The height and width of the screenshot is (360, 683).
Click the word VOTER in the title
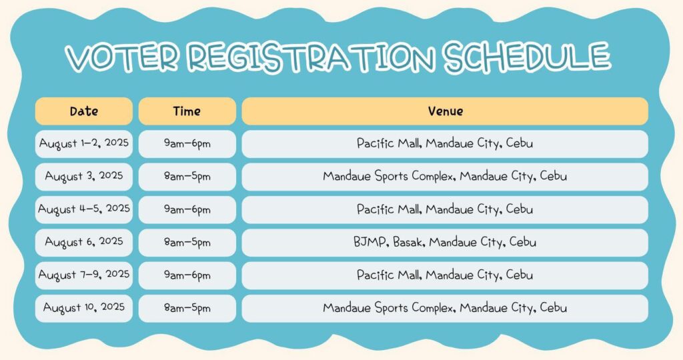[121, 57]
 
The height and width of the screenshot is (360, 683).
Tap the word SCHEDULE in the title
[527, 56]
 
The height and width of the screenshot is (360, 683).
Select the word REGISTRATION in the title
[311, 57]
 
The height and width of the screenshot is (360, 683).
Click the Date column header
[84, 111]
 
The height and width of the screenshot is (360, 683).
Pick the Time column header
[187, 111]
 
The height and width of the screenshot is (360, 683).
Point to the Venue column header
[445, 111]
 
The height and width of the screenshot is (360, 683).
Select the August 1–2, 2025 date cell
[84, 143]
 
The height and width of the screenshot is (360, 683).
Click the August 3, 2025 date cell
[84, 177]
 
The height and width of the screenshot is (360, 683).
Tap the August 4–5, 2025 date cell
[84, 209]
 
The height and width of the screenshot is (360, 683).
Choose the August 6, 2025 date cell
[84, 243]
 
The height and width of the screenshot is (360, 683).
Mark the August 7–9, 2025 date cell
[84, 275]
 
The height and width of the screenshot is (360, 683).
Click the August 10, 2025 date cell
[84, 308]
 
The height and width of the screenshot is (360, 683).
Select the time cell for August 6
[187, 243]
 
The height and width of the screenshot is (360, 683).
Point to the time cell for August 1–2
[187, 143]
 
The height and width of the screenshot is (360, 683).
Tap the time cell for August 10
[187, 308]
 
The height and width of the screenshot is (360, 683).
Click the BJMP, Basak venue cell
[445, 243]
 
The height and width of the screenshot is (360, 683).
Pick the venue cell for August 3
[445, 177]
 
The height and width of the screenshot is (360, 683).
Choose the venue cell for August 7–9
[445, 275]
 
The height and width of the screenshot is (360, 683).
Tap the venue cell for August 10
[445, 308]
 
